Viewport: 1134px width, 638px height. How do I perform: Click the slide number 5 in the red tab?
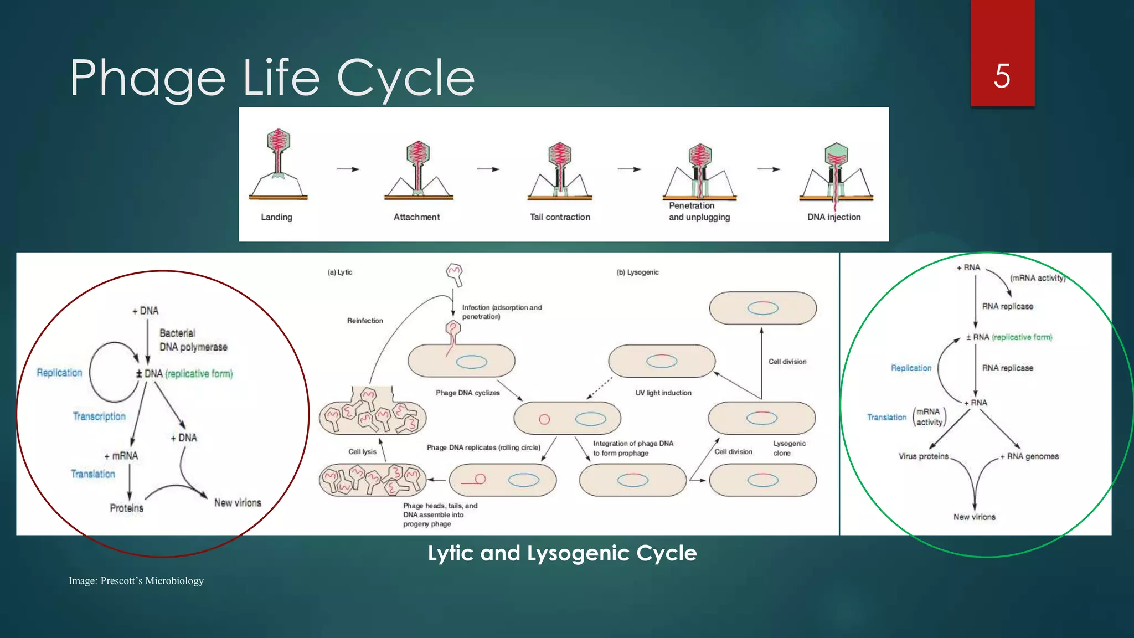1002,76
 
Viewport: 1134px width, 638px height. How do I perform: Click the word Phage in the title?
147,78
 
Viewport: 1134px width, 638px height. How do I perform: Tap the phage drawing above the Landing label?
278,163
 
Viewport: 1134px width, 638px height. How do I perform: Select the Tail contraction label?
560,217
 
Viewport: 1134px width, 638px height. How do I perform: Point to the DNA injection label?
833,217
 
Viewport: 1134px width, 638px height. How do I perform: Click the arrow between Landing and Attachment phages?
348,169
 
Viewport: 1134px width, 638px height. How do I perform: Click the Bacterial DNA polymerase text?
193,340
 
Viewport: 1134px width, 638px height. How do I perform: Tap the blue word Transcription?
99,416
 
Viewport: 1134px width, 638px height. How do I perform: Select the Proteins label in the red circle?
126,508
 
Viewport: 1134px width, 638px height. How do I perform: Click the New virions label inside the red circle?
238,503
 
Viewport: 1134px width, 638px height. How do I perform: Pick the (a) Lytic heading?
339,272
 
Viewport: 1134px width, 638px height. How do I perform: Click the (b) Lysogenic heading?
637,272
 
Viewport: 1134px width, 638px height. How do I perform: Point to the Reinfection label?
365,321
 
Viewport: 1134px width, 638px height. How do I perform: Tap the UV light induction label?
663,393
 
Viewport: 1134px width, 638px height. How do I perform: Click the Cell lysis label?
362,452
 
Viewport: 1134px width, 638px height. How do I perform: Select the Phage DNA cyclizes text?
467,393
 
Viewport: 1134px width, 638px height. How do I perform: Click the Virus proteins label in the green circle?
923,456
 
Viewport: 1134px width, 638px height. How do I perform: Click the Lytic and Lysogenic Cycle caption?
562,553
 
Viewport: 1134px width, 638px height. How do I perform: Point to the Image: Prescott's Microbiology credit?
136,581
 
